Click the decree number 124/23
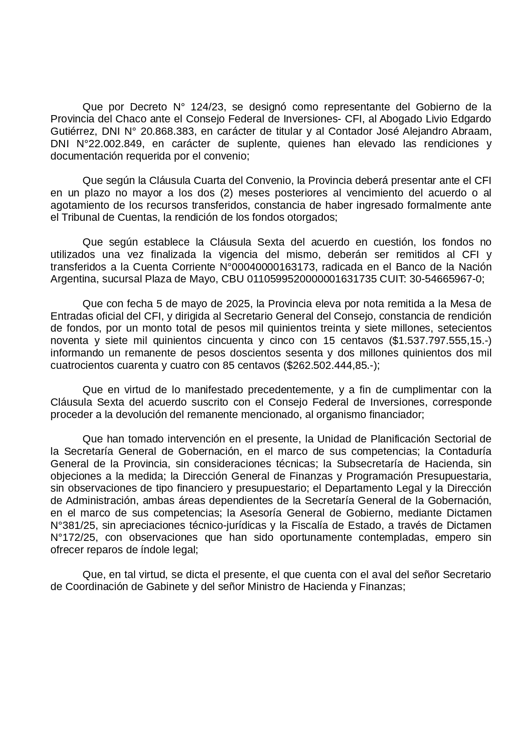tap(207, 107)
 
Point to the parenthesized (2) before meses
tap(226, 193)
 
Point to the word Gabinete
tap(167, 587)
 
